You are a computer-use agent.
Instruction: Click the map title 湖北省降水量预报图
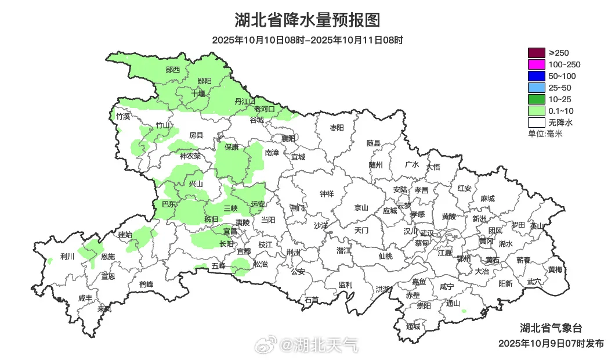tap(307, 20)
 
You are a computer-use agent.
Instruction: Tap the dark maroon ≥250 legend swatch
tap(537, 53)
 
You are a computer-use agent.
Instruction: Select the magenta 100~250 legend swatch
tap(537, 64)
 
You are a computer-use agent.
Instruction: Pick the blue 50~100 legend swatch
tap(537, 76)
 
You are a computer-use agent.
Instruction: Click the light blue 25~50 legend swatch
tap(537, 88)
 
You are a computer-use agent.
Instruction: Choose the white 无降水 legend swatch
tap(537, 123)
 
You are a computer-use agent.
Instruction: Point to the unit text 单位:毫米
tap(545, 134)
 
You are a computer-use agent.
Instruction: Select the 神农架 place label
tap(190, 156)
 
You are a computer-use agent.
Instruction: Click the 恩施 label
tap(107, 256)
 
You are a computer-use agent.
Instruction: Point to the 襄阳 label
tap(288, 138)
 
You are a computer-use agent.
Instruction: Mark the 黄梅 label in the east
tap(555, 269)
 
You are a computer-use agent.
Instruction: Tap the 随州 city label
tap(375, 164)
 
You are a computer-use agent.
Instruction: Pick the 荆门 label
tap(297, 207)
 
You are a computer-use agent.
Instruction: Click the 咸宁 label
tap(447, 286)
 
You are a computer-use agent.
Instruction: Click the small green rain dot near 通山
tap(464, 311)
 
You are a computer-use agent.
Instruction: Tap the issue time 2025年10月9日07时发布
tap(551, 343)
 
